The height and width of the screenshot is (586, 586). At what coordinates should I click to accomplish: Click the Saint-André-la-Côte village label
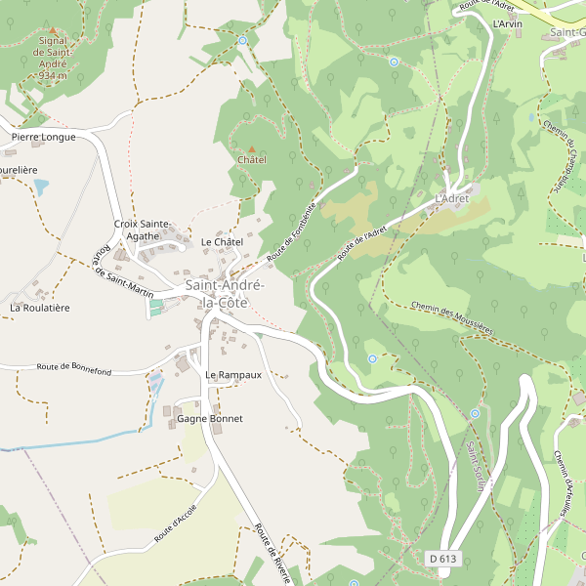[x=224, y=294]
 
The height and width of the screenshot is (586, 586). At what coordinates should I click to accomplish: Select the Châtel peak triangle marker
[x=251, y=147]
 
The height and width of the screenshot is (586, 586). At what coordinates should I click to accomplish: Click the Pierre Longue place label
[x=43, y=138]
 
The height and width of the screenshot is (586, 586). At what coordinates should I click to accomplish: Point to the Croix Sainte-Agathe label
[x=143, y=230]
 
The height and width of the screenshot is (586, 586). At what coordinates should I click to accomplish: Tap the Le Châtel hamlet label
[x=221, y=241]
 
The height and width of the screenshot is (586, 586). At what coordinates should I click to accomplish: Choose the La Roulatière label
[x=40, y=308]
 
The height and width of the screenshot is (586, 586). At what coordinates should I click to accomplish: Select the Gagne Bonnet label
[x=209, y=418]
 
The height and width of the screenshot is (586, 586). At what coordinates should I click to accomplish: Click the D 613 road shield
[x=442, y=559]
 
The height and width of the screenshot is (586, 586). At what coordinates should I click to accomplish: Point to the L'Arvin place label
[x=508, y=23]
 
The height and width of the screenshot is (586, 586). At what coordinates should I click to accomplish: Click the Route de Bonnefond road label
[x=74, y=368]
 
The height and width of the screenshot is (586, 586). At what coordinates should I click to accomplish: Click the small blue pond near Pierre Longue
[x=41, y=185]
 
